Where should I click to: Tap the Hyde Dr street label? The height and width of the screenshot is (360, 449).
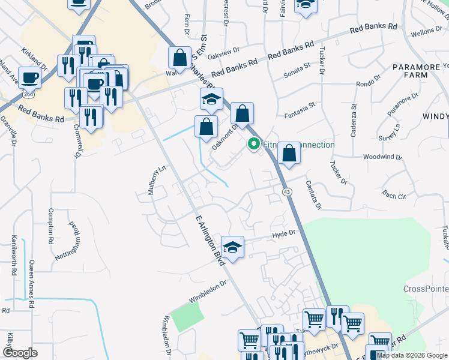click(285, 233)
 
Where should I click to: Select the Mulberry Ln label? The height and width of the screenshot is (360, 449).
click(152, 181)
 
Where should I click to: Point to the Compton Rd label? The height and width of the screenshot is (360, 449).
click(51, 221)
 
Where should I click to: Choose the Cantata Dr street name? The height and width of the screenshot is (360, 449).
click(313, 196)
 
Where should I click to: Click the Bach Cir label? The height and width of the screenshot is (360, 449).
click(394, 194)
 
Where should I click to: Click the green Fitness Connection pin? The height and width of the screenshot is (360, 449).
click(254, 145)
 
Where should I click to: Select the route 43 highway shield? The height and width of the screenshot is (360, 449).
click(286, 191)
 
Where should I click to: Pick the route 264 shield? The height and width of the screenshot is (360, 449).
click(27, 95)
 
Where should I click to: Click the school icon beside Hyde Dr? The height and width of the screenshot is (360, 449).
click(232, 247)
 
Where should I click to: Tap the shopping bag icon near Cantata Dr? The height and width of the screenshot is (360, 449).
click(289, 153)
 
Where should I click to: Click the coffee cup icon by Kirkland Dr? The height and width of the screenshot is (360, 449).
click(29, 77)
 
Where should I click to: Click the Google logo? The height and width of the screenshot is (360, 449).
click(19, 353)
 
